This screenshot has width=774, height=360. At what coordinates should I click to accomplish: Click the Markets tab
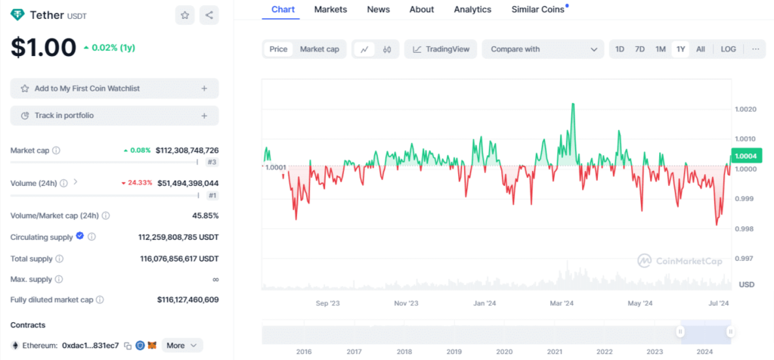330,9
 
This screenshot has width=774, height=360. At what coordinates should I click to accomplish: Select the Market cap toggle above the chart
319,49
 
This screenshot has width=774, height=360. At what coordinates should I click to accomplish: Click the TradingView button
441,49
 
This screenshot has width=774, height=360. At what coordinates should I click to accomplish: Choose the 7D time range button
639,49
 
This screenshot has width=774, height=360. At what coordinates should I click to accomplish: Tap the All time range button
701,49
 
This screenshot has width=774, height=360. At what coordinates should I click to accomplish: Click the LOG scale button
728,49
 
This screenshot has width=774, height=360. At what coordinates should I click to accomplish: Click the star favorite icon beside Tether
184,14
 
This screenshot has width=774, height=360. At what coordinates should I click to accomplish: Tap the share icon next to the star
209,14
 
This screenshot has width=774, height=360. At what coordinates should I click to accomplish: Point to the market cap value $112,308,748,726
187,151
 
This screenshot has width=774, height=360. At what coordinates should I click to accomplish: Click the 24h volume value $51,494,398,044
187,183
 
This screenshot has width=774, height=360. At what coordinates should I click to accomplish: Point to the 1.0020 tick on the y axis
745,110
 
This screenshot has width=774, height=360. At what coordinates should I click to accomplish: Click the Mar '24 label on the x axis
562,303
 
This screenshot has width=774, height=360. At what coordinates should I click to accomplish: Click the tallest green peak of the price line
574,104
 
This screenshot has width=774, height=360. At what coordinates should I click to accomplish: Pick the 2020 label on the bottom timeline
503,352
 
